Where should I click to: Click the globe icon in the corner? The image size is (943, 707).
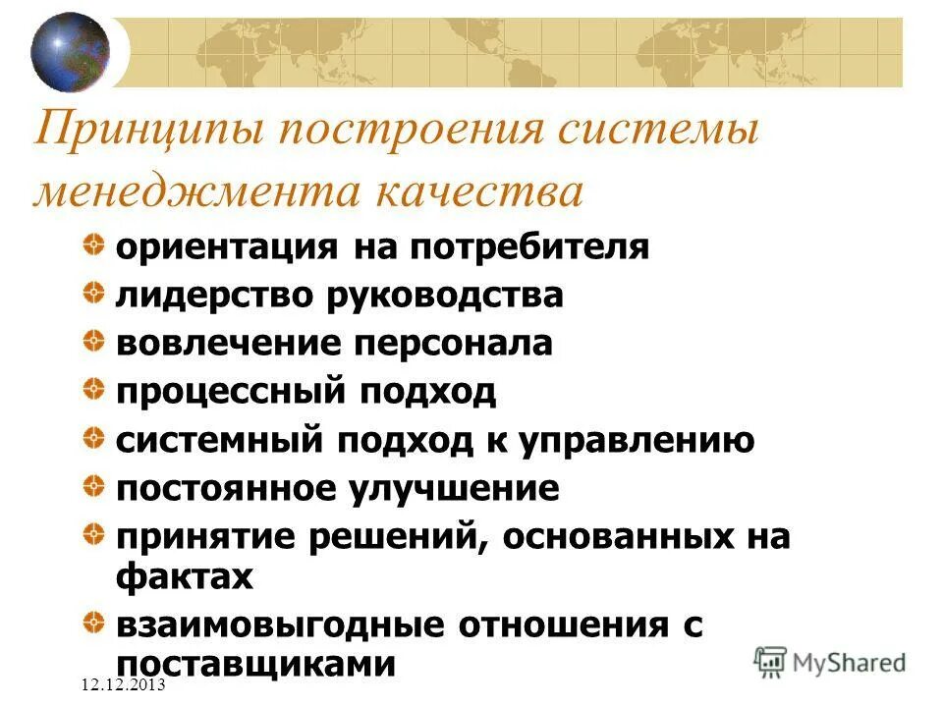click(x=70, y=51)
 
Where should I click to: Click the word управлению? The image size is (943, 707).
click(x=643, y=440)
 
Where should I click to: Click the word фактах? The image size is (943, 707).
click(x=185, y=576)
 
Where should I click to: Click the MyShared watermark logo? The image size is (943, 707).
click(x=830, y=661)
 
